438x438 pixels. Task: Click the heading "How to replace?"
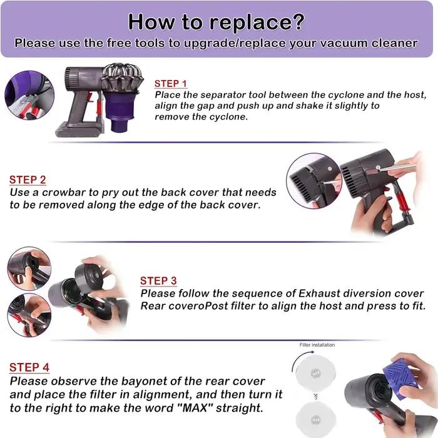pyautogui.click(x=216, y=22)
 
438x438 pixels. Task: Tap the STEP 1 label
pyautogui.click(x=171, y=83)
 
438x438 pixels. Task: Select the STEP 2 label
pyautogui.click(x=28, y=180)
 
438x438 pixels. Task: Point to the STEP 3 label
pyautogui.click(x=158, y=281)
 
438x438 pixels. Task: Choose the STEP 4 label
pyautogui.click(x=29, y=367)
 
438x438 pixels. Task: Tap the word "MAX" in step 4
pyautogui.click(x=195, y=408)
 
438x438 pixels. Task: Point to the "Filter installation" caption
pyautogui.click(x=317, y=345)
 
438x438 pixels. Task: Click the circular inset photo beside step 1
pyautogui.click(x=29, y=95)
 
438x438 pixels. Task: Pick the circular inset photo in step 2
pyautogui.click(x=315, y=181)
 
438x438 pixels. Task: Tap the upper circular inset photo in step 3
pyautogui.click(x=29, y=268)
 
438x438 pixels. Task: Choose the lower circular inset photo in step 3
pyautogui.click(x=29, y=315)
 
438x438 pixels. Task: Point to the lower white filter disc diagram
pyautogui.click(x=315, y=419)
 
